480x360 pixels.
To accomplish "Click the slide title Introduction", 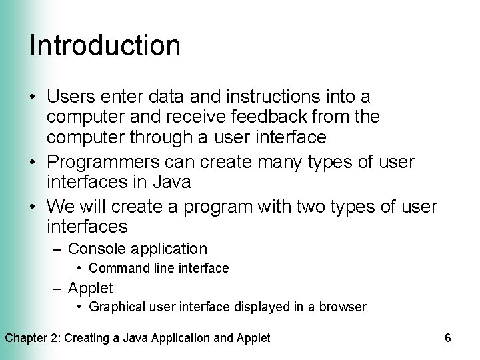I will (105, 45).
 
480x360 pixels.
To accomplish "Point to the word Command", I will (115, 268).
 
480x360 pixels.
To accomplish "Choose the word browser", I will (343, 307).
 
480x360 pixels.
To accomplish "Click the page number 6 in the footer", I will (447, 337).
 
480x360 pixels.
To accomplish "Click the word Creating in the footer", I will (86, 337).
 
